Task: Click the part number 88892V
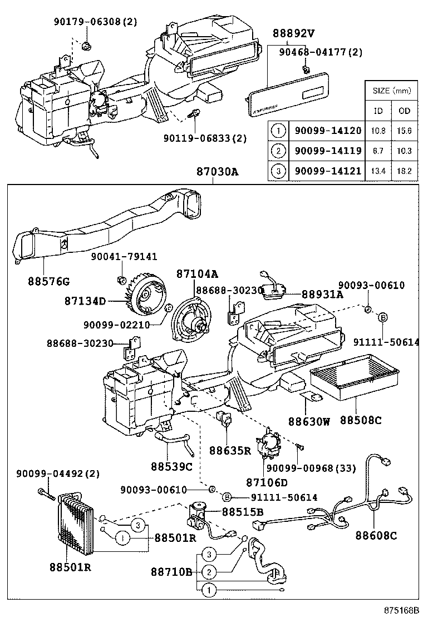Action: coord(293,33)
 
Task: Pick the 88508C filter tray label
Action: coord(360,421)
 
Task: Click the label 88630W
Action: coord(309,421)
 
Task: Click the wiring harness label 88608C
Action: coord(376,536)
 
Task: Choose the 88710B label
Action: coord(171,571)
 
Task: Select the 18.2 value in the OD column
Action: coord(405,171)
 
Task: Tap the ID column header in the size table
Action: coord(378,111)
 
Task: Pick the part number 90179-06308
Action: coord(89,22)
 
